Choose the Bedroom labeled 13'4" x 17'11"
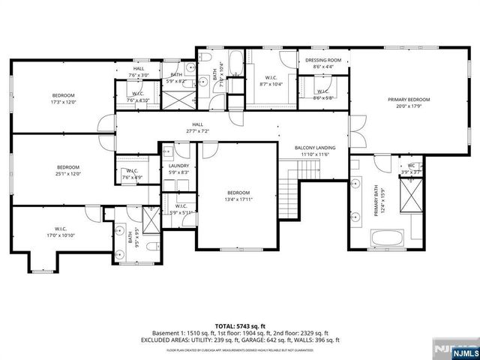(238, 194)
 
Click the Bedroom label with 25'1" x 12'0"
(68, 169)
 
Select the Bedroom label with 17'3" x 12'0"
(63, 97)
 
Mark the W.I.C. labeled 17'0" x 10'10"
(61, 232)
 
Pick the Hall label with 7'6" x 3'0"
(139, 73)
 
